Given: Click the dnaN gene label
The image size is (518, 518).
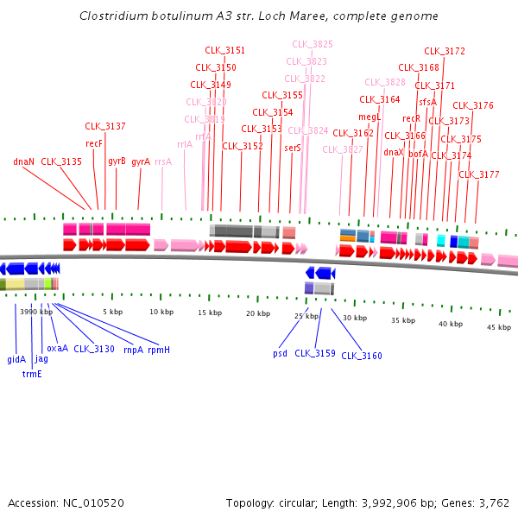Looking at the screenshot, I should pos(23,161).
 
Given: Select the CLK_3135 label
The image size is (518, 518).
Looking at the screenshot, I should pos(61,161).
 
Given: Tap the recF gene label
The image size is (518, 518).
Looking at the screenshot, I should pos(94,144).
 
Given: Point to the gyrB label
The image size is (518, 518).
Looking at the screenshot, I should pos(117,161).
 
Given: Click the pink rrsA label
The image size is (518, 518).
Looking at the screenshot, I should pos(163,161).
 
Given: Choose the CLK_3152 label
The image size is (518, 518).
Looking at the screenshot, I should pos(243,146).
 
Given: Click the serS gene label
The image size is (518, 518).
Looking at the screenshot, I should pos(293,148).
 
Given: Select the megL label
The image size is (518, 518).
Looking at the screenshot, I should pos(370,117).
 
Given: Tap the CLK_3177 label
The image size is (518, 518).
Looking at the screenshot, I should pos(479,174).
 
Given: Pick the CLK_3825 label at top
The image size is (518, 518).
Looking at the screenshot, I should pos(313,44).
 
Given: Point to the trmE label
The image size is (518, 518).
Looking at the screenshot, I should pos(32,374).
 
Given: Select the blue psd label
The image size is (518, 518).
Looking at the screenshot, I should pos(280,353).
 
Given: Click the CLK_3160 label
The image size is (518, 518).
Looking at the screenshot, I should pos(362,356).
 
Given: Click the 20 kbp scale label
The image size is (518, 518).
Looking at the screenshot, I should pos(258,313).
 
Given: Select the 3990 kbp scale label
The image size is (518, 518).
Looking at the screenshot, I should pos(36,312).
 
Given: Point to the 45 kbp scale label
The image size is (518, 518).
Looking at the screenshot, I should pos(499,327).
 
